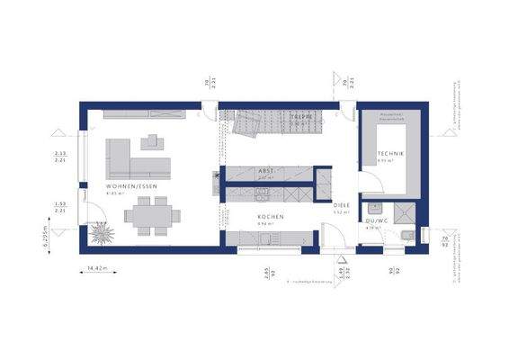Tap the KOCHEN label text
tap(271, 218)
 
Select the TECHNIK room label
tap(390, 155)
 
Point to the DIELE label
tap(342, 206)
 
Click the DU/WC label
tap(375, 221)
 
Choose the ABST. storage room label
tap(266, 170)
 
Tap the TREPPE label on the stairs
tap(299, 116)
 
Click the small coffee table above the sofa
tap(150, 139)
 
